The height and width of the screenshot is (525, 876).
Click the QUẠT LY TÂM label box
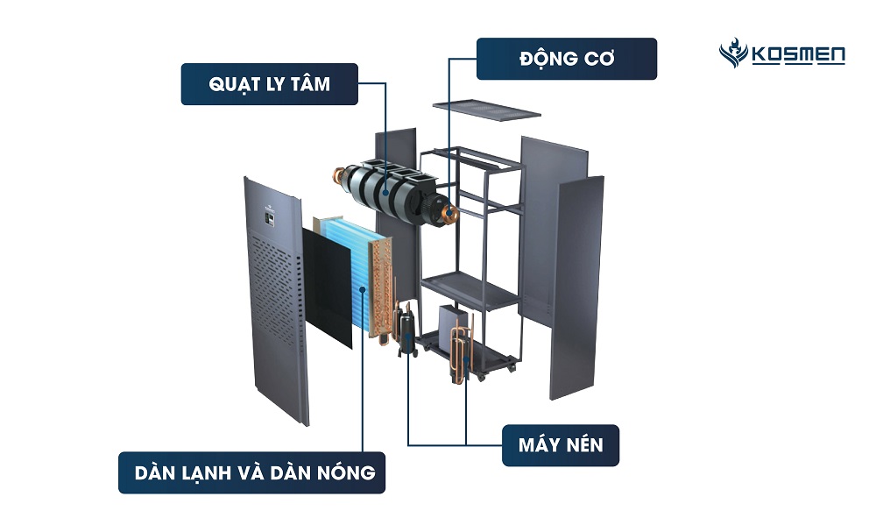[268, 84]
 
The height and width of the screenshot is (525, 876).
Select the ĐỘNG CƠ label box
[566, 59]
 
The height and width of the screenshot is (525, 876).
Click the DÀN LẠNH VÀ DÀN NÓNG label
[255, 473]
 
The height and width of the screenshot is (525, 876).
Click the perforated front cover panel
[276, 298]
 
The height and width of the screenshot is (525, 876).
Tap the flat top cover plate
[486, 110]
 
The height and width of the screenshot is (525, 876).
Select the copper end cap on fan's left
[336, 174]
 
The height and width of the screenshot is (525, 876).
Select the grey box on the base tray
[456, 324]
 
